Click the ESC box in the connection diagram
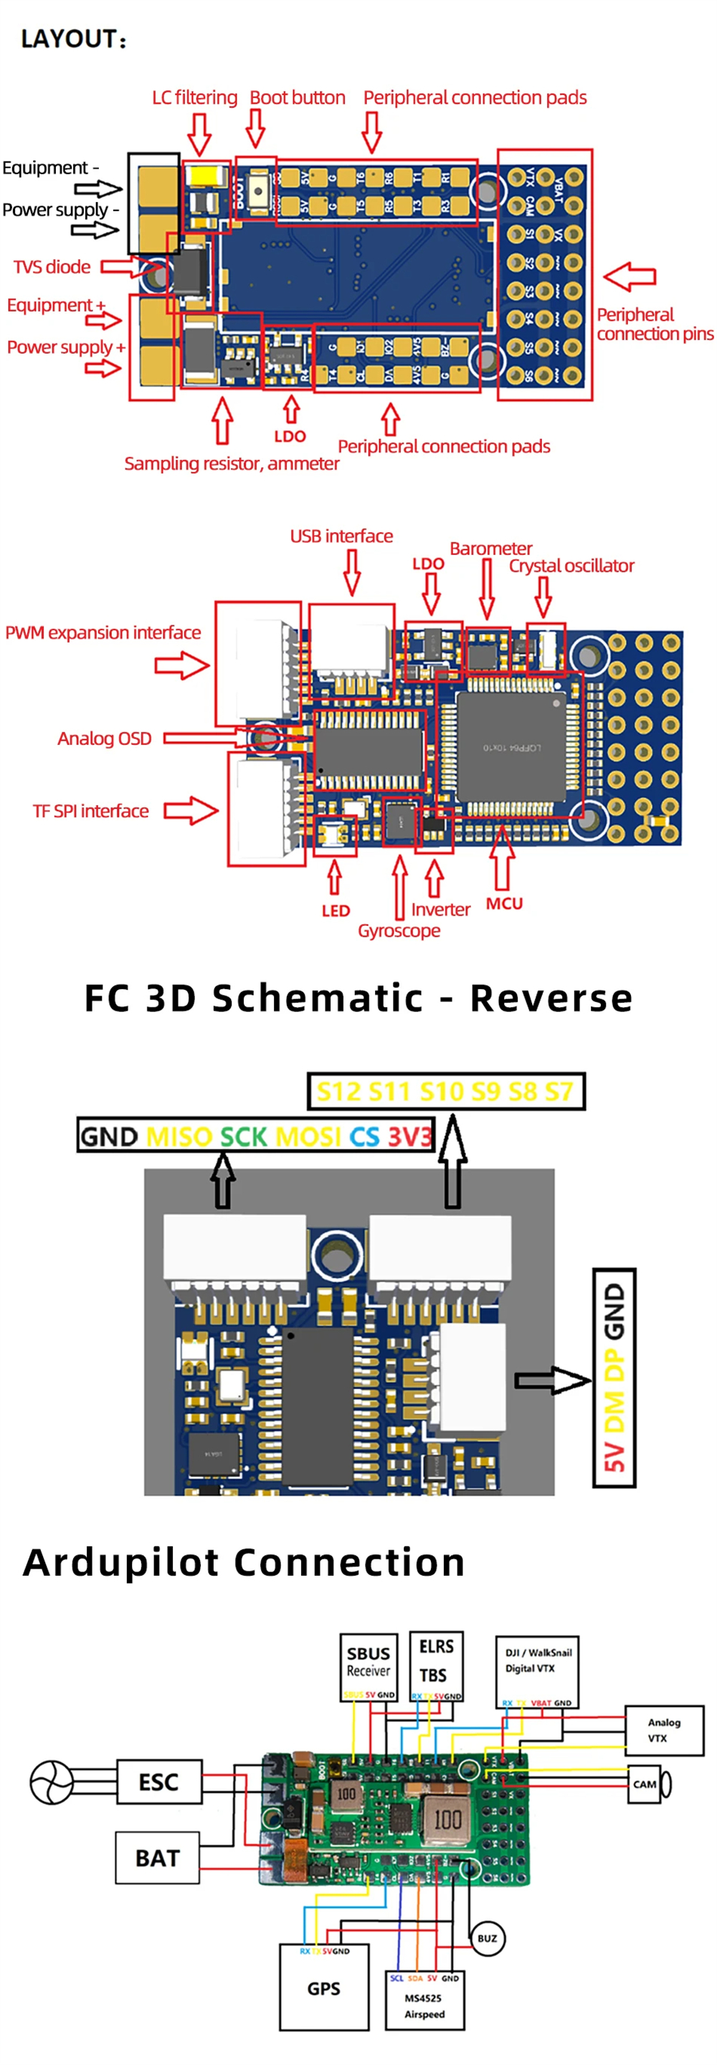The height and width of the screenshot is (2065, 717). click(158, 1781)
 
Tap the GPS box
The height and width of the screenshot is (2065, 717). click(324, 1987)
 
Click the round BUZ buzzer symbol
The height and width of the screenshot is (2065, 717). click(487, 1938)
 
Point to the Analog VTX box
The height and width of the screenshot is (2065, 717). click(663, 1730)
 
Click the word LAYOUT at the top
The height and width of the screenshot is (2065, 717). click(70, 39)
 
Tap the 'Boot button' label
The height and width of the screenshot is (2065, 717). click(297, 98)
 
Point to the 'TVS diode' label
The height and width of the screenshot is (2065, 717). click(52, 267)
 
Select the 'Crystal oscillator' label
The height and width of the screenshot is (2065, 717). click(571, 566)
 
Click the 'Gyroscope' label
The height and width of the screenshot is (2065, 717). click(399, 930)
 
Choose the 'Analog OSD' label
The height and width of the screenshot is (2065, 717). click(104, 738)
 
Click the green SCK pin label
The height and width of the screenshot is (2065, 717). click(243, 1136)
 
